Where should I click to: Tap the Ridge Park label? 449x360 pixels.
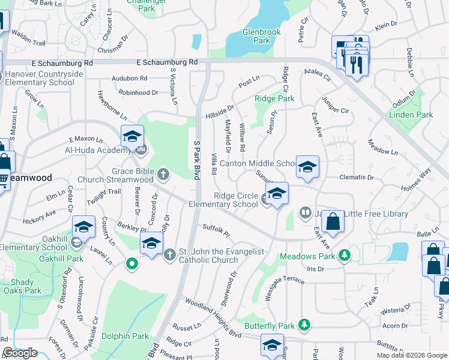(274, 98)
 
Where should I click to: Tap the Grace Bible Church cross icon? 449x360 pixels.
(163, 175)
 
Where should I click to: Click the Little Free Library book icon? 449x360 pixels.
(306, 213)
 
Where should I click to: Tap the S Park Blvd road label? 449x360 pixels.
(196, 159)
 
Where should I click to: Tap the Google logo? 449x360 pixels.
(20, 353)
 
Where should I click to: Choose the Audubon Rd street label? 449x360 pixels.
(130, 79)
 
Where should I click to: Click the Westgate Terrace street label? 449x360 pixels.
(286, 280)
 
